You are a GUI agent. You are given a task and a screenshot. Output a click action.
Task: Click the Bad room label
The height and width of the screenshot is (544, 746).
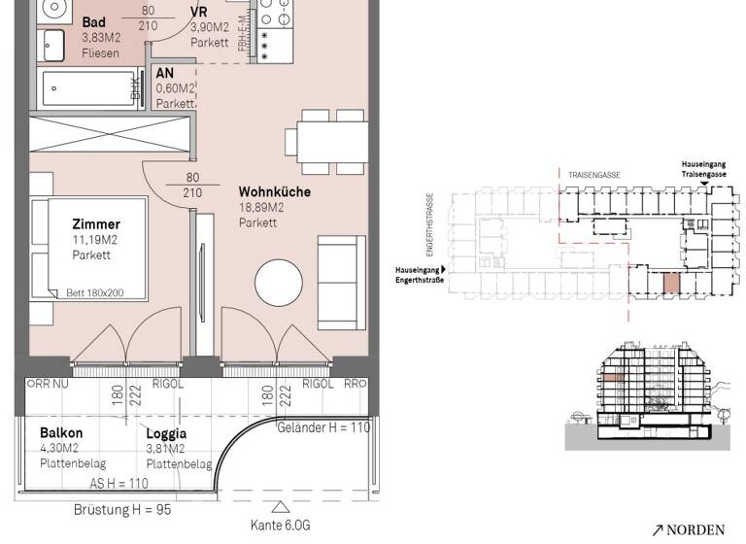pos(94,22)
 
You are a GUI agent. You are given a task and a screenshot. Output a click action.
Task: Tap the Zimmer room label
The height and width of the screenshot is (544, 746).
pos(95,224)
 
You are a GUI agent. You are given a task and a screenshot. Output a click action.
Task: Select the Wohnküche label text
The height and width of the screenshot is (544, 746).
pos(275,192)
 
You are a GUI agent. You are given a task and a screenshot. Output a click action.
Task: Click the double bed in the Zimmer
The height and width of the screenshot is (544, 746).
pos(87,249)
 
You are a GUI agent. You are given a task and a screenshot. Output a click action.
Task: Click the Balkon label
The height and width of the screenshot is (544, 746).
pos(60,433)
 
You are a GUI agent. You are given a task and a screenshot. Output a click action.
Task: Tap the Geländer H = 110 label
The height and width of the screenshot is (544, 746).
pos(323,427)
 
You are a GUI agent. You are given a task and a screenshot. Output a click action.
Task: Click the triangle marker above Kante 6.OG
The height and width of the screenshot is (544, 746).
pos(281,506)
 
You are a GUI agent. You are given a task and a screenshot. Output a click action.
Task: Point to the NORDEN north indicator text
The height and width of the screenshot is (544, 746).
pos(695,529)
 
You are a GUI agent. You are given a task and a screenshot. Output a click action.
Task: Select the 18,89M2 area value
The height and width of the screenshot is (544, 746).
pos(261,208)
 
